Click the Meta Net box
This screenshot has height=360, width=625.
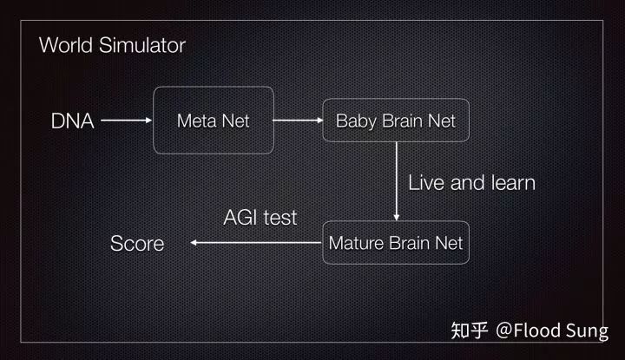point(213,121)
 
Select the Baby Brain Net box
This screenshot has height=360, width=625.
point(395,121)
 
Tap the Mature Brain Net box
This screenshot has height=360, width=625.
point(396,244)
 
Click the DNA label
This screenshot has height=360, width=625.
point(72,121)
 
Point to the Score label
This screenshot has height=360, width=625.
point(136,244)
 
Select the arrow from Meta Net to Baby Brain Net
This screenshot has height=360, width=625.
point(297,121)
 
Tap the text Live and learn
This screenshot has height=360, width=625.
point(471,182)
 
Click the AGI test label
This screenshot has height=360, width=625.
point(260,217)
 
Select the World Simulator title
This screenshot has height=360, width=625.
point(112,45)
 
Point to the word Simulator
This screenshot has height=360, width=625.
point(141,45)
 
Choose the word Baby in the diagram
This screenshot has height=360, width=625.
point(354,121)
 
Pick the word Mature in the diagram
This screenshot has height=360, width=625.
point(354,244)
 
